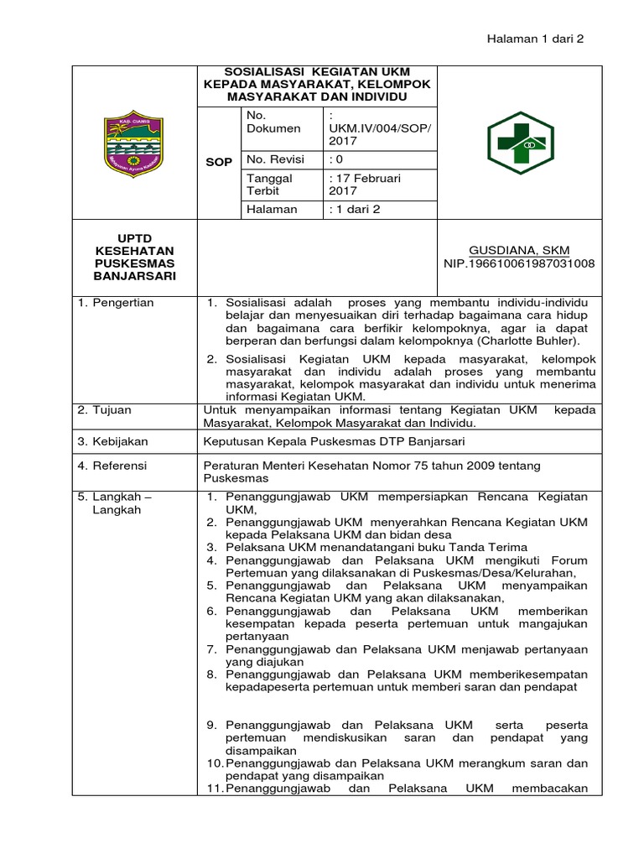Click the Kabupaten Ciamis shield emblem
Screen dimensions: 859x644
click(x=134, y=143)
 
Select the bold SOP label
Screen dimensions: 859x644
click(x=219, y=162)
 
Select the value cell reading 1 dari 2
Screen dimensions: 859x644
click(x=356, y=209)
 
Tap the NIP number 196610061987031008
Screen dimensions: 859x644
click(x=519, y=263)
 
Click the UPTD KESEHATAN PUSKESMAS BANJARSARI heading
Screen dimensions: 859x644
click(x=134, y=257)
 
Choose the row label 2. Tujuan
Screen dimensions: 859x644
click(x=105, y=410)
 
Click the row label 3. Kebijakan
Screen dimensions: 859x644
click(x=112, y=440)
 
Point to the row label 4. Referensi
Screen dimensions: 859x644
click(x=112, y=465)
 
